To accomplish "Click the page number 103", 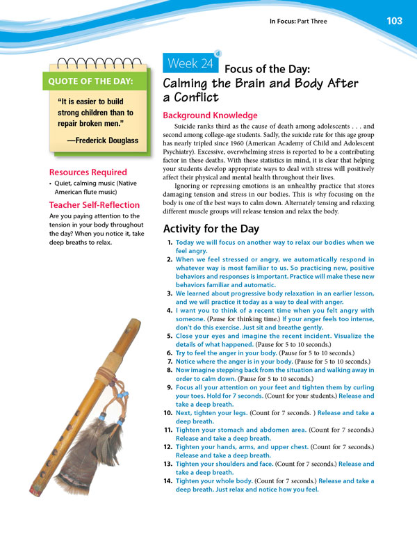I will tap(394, 21).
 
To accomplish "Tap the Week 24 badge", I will tap(190, 65).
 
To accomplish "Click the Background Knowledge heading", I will tap(209, 115).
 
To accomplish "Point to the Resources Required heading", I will tap(88, 172).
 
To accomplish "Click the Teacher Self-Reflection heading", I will tap(94, 204).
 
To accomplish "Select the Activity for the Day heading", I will tap(211, 229).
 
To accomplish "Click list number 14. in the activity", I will tap(169, 480).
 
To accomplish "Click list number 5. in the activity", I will tap(170, 336).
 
